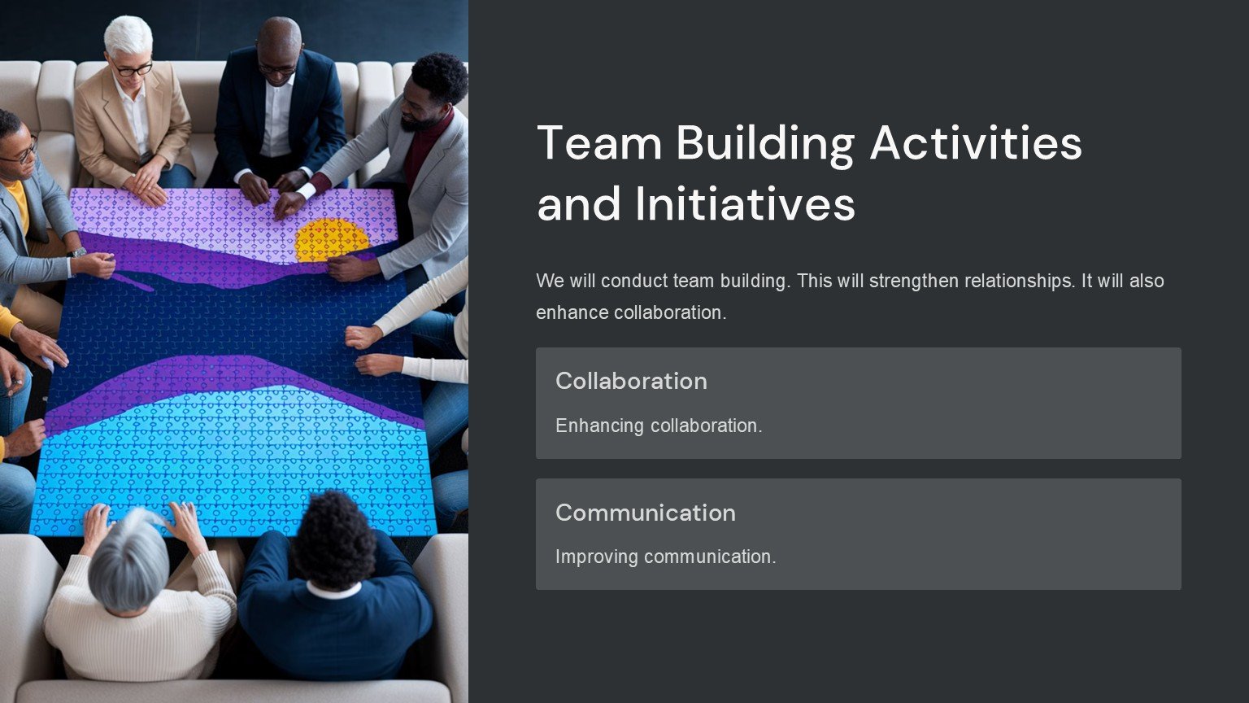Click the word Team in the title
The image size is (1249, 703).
(598, 143)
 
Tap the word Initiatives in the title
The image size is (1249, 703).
(745, 203)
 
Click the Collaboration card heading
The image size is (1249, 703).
(631, 381)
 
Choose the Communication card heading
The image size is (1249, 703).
(645, 513)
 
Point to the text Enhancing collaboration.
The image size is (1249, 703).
(659, 426)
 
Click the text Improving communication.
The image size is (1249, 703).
(665, 557)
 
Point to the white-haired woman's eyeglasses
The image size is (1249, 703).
(133, 69)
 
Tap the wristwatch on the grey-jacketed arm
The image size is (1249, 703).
(77, 253)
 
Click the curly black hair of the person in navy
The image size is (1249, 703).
(334, 539)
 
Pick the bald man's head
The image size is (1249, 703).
(280, 47)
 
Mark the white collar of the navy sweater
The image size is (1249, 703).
(333, 591)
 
